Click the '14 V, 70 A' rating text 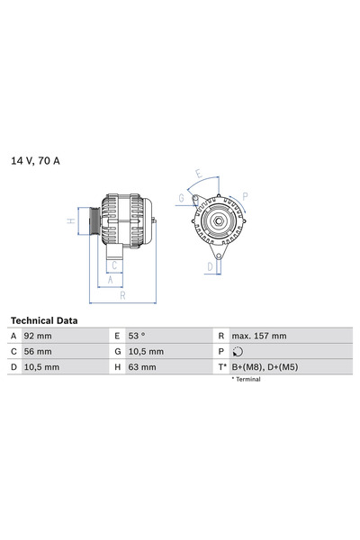pos(36,161)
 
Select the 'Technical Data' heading pos(44,320)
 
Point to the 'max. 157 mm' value pos(259,336)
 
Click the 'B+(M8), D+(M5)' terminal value pos(267,367)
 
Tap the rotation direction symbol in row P pos(237,352)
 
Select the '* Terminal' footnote pos(246,380)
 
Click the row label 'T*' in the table pos(220,367)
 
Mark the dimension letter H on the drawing pos(71,220)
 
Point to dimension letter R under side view pos(121,294)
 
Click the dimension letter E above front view pos(199,177)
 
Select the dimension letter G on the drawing pos(181,198)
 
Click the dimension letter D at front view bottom pos(210,266)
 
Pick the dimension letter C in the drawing pos(114,265)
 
